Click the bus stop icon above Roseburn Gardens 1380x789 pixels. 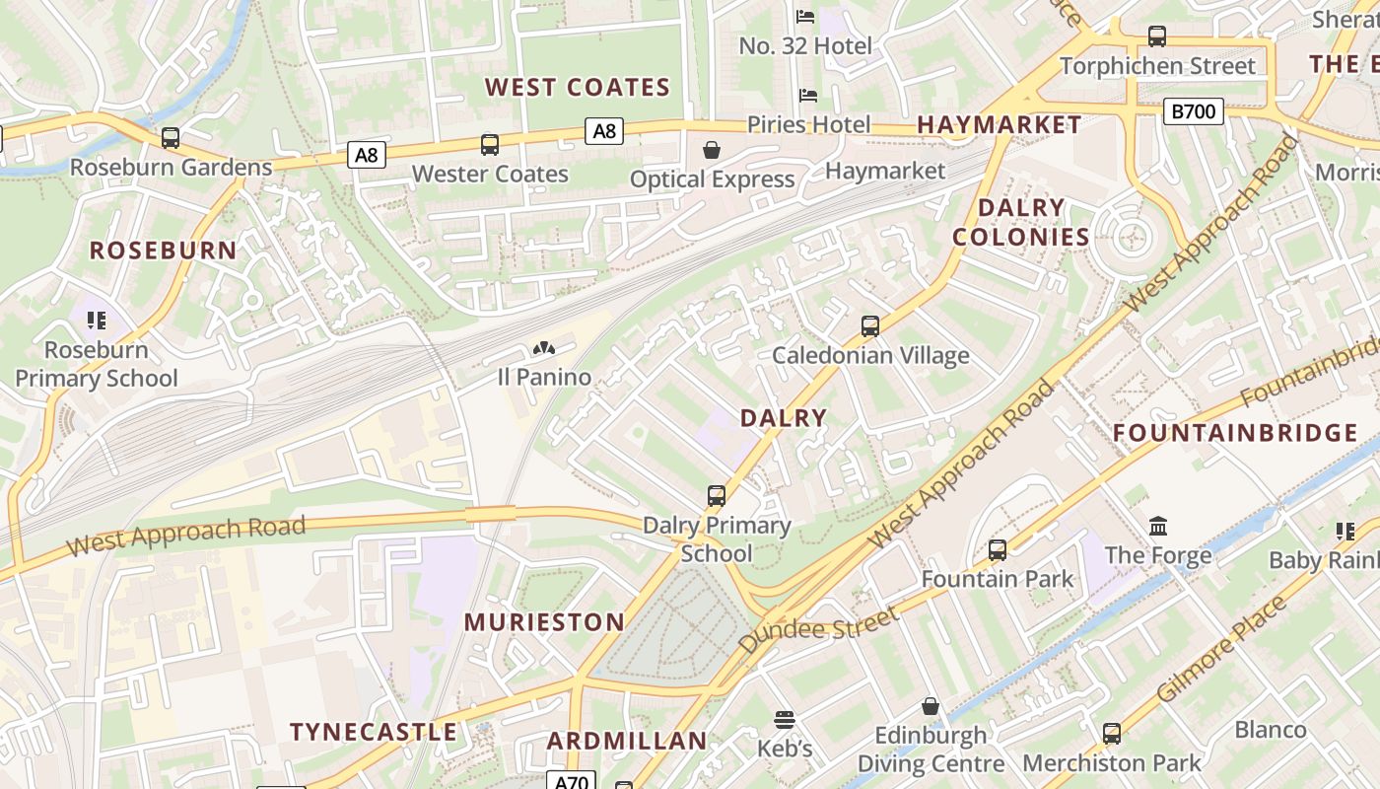[x=171, y=138]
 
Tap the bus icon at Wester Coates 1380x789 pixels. [x=490, y=145]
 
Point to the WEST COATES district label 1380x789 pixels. [x=578, y=88]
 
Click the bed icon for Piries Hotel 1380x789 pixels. [x=808, y=96]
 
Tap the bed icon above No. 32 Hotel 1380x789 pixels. [x=805, y=17]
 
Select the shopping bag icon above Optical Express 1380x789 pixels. [x=712, y=150]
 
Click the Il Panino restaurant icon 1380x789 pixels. [x=543, y=348]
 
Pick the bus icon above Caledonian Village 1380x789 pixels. [x=869, y=325]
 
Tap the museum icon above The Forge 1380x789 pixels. [x=1158, y=526]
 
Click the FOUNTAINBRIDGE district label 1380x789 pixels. [x=1235, y=433]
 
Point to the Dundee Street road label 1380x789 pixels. [x=818, y=630]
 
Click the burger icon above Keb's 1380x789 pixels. [x=785, y=719]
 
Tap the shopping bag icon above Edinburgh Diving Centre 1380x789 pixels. [x=931, y=706]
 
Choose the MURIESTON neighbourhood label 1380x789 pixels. [x=544, y=622]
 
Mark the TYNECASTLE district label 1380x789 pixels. [x=374, y=732]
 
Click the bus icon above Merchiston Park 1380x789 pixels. [x=1112, y=734]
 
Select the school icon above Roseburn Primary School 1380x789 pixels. [x=97, y=320]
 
